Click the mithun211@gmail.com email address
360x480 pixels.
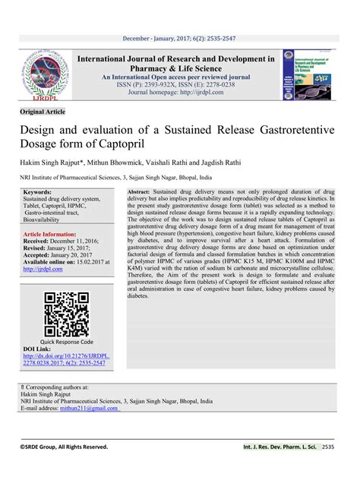click(91, 409)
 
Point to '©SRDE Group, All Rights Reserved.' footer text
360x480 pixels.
click(64, 447)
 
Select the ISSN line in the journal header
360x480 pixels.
click(180, 86)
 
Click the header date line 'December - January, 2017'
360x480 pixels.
click(180, 37)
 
